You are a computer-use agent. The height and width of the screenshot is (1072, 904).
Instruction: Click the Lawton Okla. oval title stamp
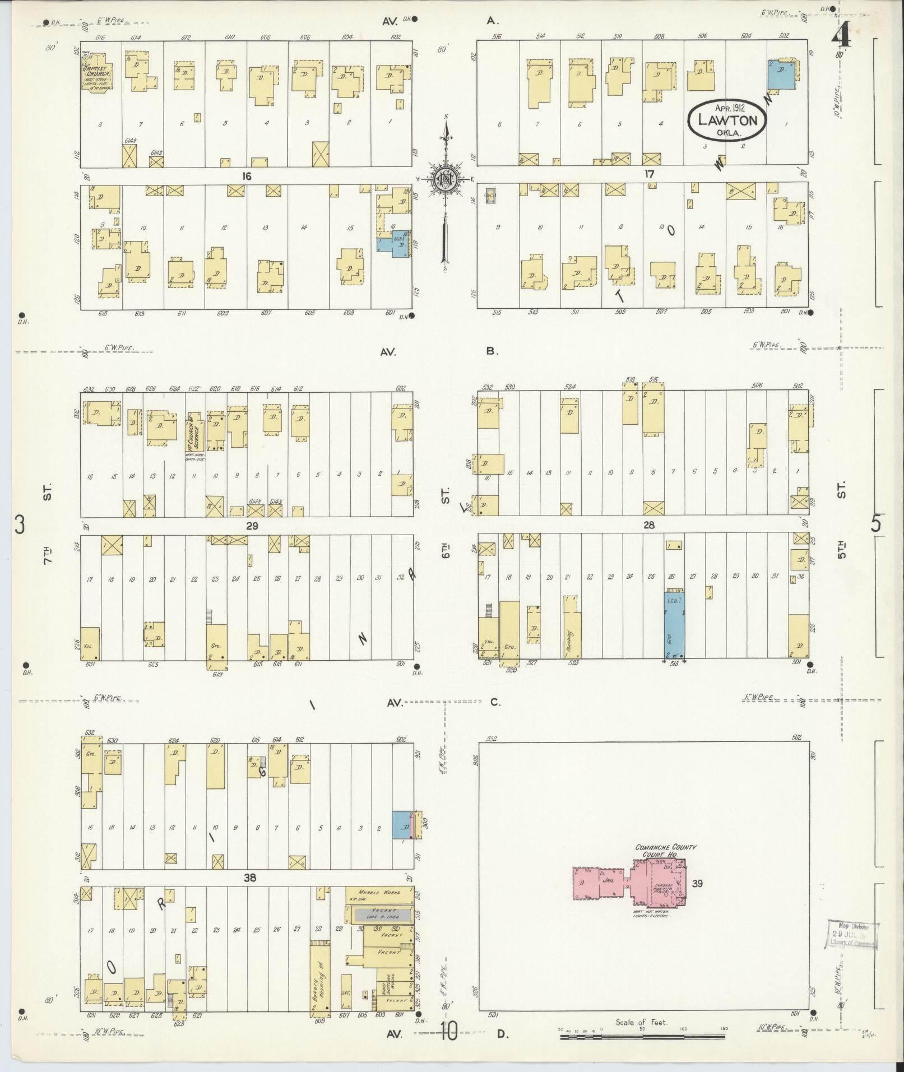tap(727, 120)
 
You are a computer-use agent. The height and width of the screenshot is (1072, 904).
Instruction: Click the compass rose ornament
tap(447, 179)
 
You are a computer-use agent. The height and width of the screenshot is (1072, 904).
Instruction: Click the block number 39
tap(697, 883)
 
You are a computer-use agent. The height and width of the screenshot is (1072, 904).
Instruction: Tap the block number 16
tap(246, 176)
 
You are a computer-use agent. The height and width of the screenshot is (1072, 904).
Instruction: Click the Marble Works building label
tap(379, 892)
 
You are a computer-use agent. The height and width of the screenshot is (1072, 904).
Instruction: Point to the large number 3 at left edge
tap(20, 525)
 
